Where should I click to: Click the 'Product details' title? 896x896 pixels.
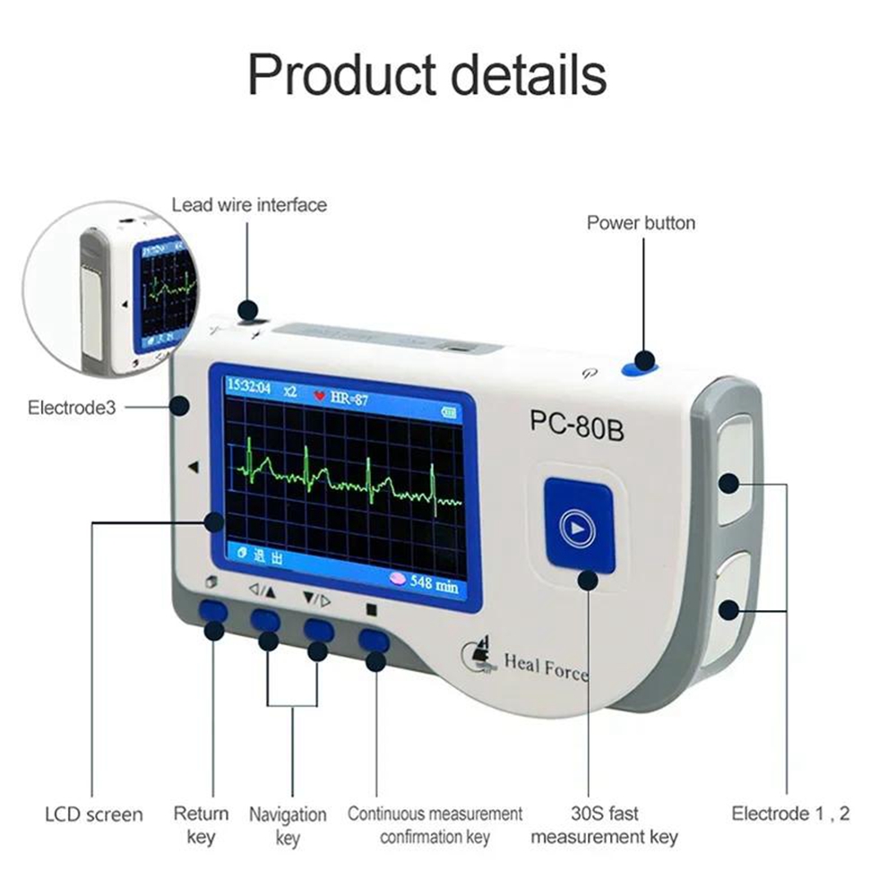[426, 75]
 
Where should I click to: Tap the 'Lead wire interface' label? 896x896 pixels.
[249, 205]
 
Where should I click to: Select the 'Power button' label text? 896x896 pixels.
[641, 222]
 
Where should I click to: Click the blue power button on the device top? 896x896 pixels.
[640, 363]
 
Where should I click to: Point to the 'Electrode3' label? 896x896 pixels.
[72, 408]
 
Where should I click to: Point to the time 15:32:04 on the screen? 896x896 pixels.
[249, 388]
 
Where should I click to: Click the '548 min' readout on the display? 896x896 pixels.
[434, 583]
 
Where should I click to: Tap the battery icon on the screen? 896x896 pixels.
[447, 411]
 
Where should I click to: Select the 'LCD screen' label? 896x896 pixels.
[93, 814]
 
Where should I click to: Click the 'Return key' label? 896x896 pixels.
[201, 825]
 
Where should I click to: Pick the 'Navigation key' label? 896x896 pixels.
[288, 825]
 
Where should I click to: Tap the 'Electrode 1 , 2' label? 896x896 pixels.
[790, 814]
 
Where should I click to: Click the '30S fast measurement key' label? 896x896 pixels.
[604, 825]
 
